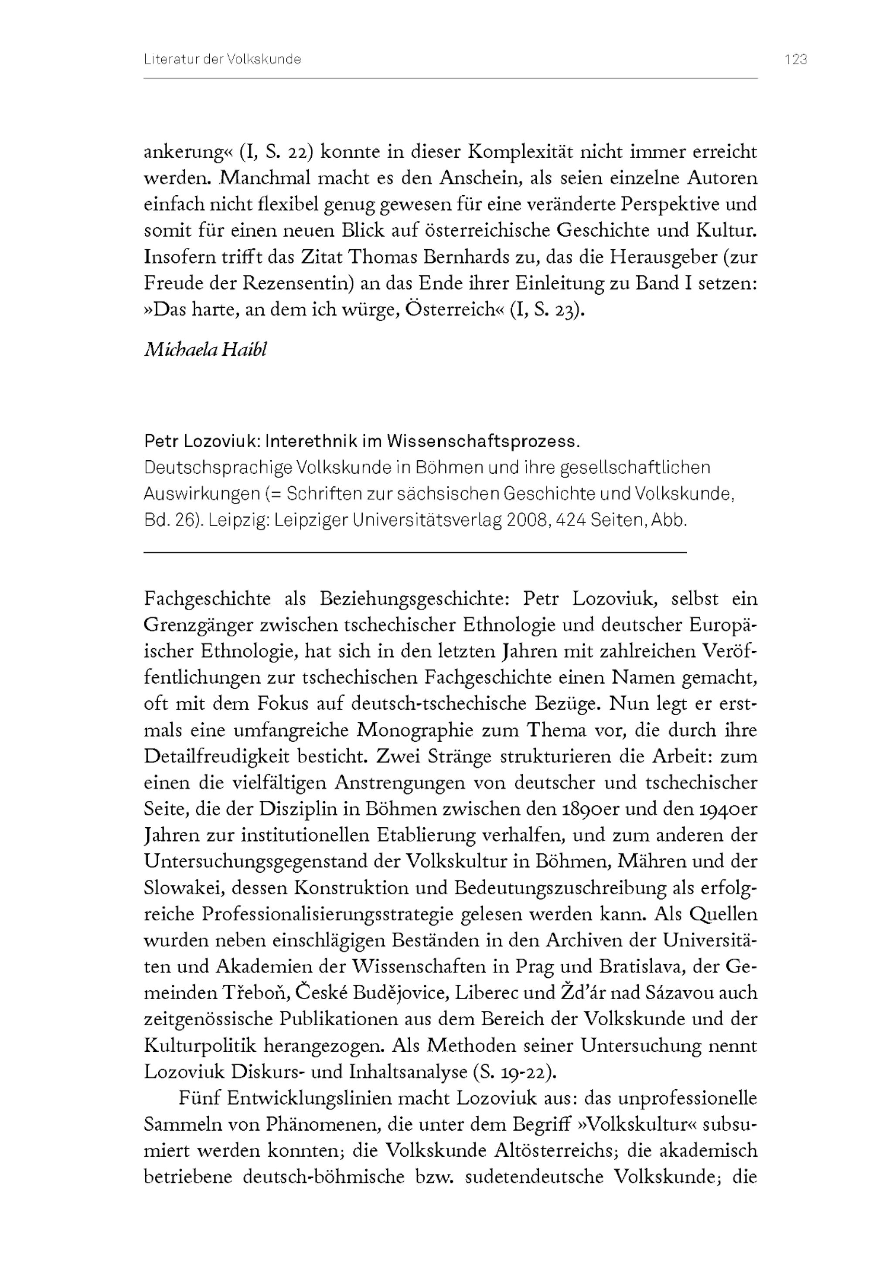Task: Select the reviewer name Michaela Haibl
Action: [205, 350]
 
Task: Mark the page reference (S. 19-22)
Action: [514, 1071]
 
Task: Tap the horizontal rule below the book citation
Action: [415, 553]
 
